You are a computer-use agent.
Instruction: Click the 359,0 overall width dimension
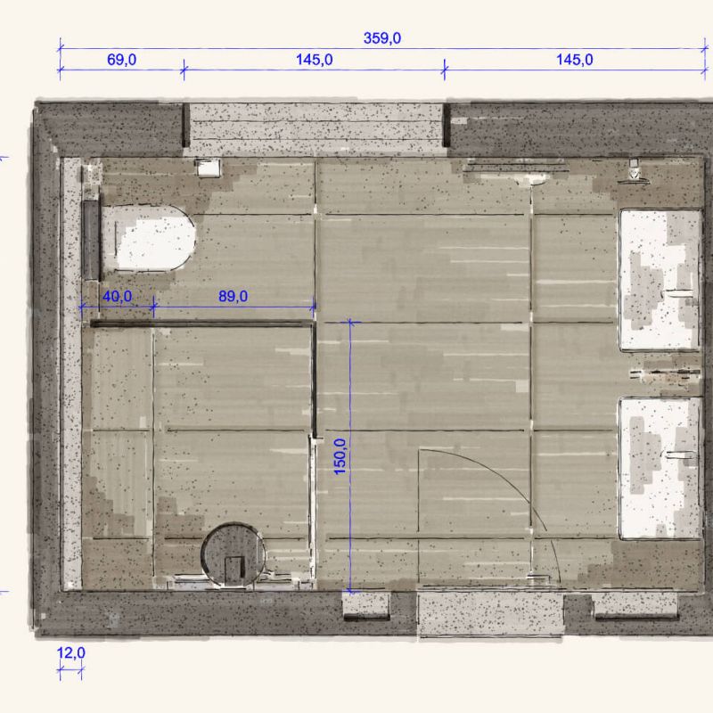tap(382, 38)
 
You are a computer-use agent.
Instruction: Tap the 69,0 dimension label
tap(121, 60)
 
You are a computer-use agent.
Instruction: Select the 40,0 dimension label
tap(118, 297)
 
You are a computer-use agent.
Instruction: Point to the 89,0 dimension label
tap(233, 297)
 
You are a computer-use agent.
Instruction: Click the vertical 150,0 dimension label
tap(340, 456)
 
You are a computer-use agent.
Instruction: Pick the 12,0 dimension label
tap(71, 653)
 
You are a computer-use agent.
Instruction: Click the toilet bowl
tap(150, 239)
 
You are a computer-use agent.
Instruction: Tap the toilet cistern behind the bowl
tap(91, 240)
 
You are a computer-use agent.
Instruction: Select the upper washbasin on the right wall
tap(659, 280)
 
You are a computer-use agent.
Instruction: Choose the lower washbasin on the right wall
tap(659, 469)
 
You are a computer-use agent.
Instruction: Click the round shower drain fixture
tap(233, 554)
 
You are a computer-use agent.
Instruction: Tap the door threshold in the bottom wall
tap(490, 615)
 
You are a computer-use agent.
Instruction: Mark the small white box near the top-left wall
tap(208, 168)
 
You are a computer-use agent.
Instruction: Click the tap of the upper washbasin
tap(679, 293)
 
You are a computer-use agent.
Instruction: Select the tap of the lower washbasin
tap(680, 455)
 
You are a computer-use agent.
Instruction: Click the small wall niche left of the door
tap(365, 606)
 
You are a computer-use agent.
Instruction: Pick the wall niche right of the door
tap(635, 606)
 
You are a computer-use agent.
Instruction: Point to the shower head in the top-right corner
tap(634, 171)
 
